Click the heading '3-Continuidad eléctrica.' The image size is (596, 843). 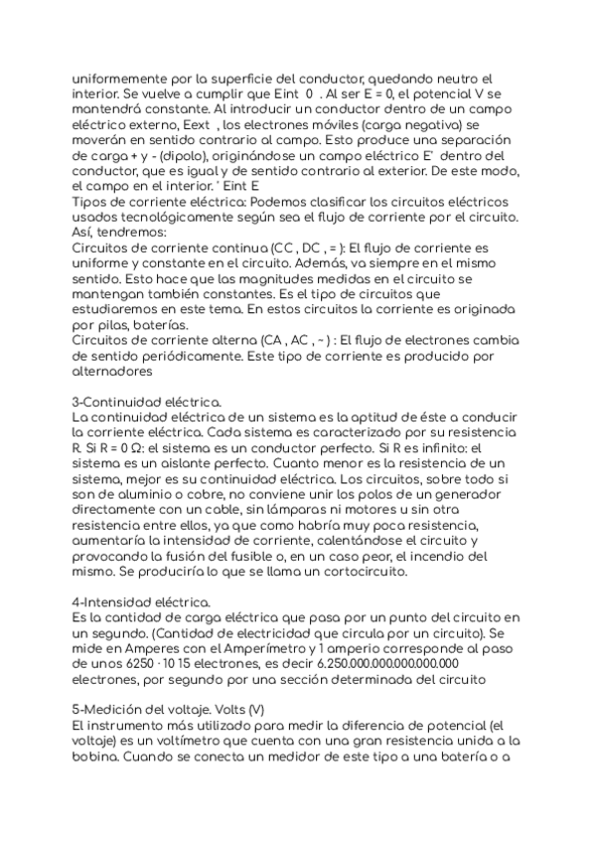147,401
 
